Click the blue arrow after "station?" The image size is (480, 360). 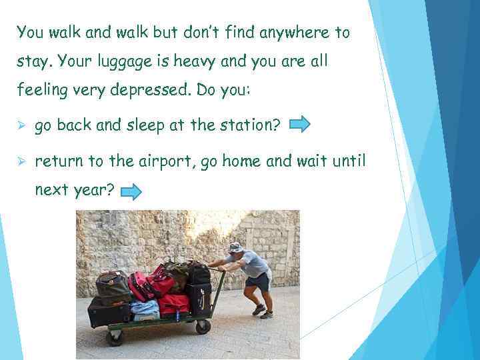click(300, 124)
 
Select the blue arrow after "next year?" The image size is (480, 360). click(131, 193)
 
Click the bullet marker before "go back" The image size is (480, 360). click(21, 125)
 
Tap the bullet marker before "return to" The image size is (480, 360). click(21, 161)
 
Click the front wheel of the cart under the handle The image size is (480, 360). click(203, 327)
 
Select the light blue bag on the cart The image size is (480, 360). click(143, 308)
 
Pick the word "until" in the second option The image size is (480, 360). click(347, 161)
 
